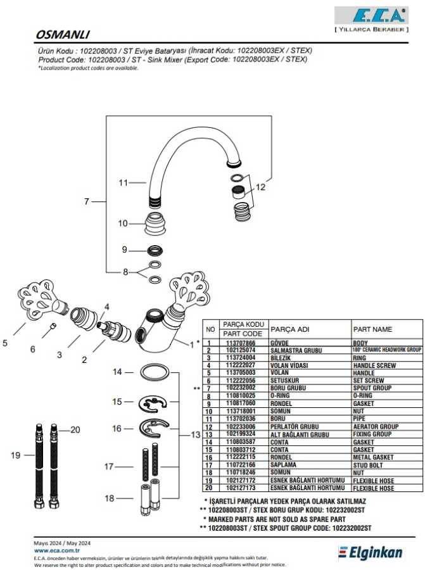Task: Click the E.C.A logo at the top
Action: tap(369, 16)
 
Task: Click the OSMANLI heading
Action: tap(62, 35)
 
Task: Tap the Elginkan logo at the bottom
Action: tap(371, 553)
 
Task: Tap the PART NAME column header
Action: tap(373, 329)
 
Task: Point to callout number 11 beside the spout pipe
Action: tap(124, 183)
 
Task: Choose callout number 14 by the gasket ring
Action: tap(117, 372)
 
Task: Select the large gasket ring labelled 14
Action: tap(155, 372)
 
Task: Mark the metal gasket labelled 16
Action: tap(154, 428)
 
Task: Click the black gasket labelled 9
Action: tap(155, 250)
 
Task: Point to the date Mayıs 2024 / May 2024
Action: tap(62, 543)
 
